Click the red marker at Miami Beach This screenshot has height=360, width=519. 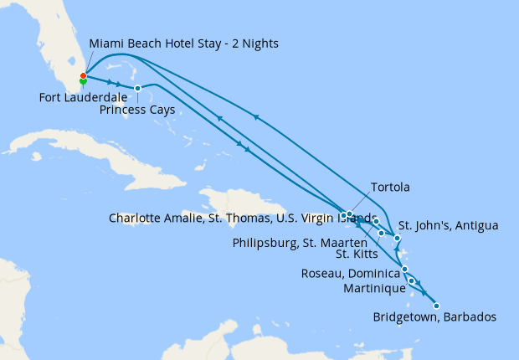[83, 76]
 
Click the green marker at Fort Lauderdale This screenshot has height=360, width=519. [83, 82]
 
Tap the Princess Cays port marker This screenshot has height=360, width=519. [137, 88]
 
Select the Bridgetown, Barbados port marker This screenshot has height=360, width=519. [436, 306]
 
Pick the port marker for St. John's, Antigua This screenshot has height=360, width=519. [397, 239]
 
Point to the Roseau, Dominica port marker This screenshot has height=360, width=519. [405, 269]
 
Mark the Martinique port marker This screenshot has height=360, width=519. [412, 280]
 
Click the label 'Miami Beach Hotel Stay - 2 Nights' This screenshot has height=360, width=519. [183, 43]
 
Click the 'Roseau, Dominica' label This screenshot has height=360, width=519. [347, 274]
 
